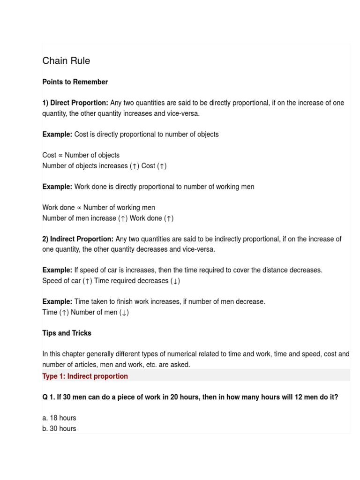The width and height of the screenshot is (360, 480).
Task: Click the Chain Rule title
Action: [x=66, y=61]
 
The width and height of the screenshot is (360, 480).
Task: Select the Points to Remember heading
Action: [x=75, y=82]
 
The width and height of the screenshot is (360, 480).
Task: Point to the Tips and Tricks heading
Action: [x=67, y=333]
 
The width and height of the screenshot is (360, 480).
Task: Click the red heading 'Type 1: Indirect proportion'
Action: [x=85, y=376]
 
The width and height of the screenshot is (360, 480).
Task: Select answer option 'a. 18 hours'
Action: [x=59, y=418]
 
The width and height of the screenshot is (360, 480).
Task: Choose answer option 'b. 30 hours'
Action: [x=59, y=428]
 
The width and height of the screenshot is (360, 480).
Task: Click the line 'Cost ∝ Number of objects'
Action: [x=81, y=155]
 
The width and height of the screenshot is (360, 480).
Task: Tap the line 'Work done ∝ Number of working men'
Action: [x=98, y=208]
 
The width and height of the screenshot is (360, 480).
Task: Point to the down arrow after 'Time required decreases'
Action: [x=176, y=281]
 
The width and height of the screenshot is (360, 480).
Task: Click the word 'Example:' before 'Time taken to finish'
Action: [x=57, y=302]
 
